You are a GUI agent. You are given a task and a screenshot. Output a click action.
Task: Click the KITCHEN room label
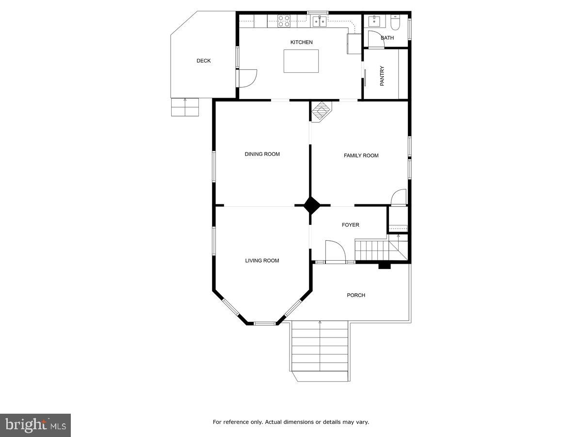(x=301, y=42)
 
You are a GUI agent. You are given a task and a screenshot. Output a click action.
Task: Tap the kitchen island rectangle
(x=301, y=61)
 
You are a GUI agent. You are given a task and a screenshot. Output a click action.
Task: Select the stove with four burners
(x=284, y=20)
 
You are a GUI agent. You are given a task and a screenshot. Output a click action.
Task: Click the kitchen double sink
(x=319, y=20)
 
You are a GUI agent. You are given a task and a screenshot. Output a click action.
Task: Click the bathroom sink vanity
(x=374, y=21)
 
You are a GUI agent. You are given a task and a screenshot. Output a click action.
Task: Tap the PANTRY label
(x=382, y=76)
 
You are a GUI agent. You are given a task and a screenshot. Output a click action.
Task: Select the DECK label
(x=204, y=61)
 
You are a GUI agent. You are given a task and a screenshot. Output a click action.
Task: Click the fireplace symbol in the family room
(x=320, y=112)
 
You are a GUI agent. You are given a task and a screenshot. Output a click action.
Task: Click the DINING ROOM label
(x=262, y=154)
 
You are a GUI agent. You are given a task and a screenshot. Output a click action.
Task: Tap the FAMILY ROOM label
(x=361, y=155)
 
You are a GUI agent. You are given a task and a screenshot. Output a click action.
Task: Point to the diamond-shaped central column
(x=311, y=205)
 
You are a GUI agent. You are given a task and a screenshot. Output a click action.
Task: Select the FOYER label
(x=350, y=225)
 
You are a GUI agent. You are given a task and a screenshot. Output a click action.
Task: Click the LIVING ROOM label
(x=262, y=261)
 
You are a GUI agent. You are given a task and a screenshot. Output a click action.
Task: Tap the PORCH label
(x=356, y=295)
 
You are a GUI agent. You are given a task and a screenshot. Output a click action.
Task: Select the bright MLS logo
(x=35, y=425)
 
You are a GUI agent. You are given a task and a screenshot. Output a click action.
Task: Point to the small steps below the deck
(x=185, y=107)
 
